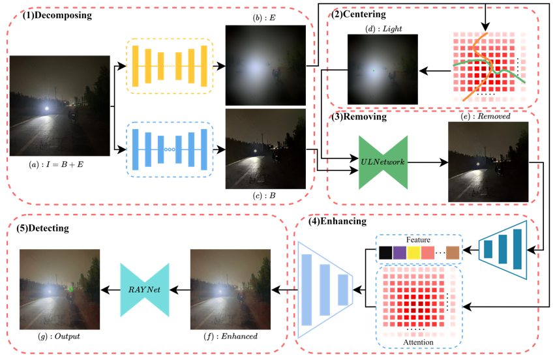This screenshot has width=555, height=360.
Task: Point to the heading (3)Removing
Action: (x=359, y=117)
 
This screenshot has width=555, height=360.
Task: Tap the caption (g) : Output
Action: (x=59, y=337)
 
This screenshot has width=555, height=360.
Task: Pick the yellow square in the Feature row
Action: (x=413, y=252)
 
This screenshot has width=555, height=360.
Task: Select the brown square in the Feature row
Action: (x=453, y=252)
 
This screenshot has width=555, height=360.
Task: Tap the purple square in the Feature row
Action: (x=399, y=252)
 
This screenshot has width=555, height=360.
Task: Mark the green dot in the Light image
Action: (x=374, y=70)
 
